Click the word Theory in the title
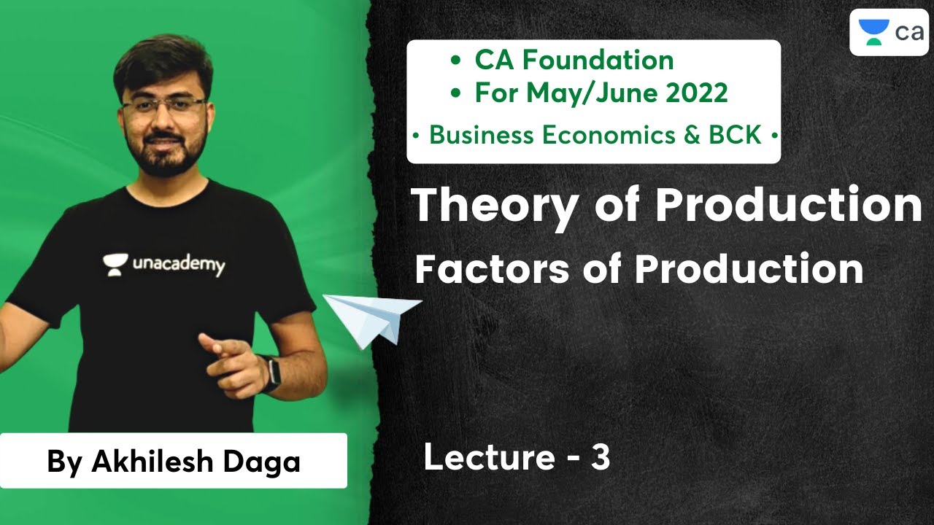(495, 206)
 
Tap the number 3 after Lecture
(600, 459)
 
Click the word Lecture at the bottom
(489, 459)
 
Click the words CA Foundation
(574, 60)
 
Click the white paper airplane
(371, 317)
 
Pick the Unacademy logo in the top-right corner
(887, 32)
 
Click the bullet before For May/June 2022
(456, 93)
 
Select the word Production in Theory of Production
(788, 206)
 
